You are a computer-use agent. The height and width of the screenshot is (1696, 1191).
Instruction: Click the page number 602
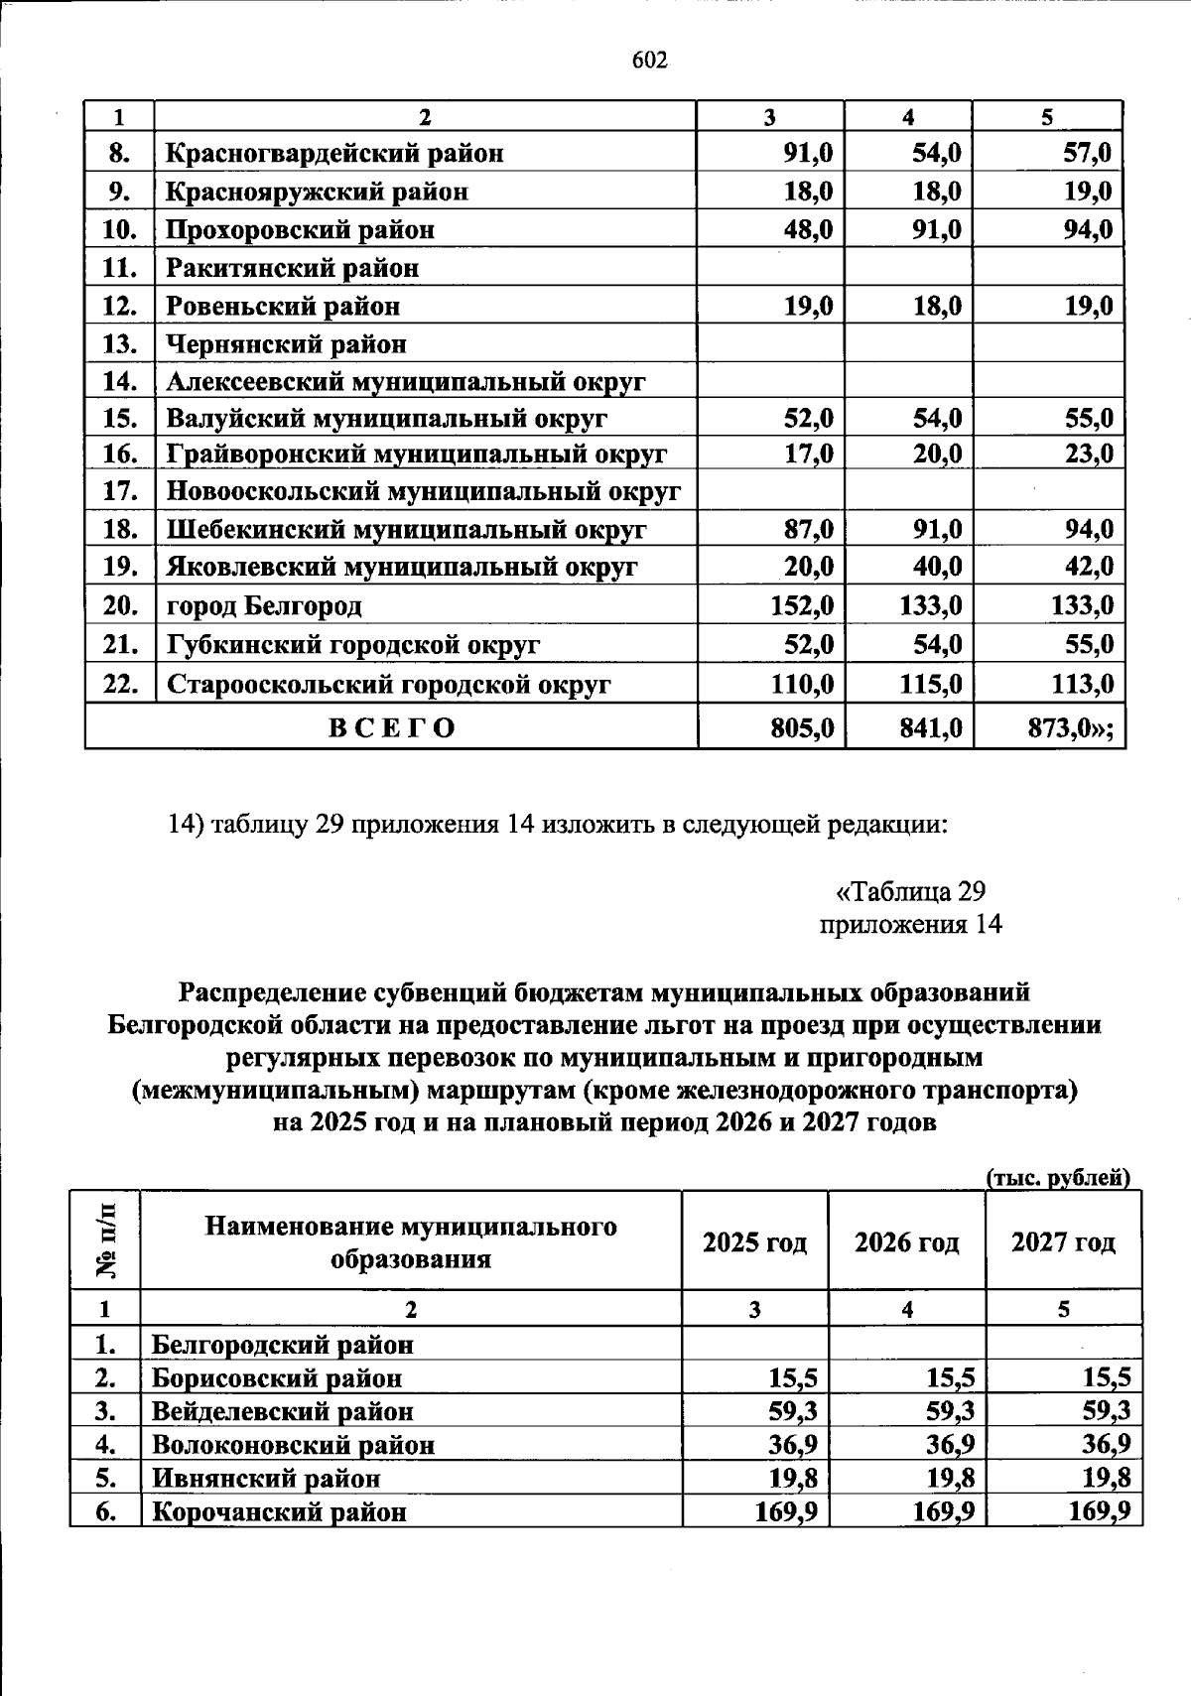coord(650,61)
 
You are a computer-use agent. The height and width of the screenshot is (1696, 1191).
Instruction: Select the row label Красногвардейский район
coord(334,154)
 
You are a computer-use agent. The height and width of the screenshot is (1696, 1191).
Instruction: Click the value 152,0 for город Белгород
coord(801,605)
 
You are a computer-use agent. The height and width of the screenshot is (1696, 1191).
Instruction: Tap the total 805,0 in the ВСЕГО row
coord(802,728)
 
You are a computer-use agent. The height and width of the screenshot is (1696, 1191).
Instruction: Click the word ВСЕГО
coord(392,727)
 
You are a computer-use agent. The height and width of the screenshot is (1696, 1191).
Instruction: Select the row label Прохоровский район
coord(300,230)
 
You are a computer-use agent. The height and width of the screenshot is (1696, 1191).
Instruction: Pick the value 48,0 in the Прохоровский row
coord(808,230)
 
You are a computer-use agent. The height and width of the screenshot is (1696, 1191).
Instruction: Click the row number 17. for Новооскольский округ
coord(120,492)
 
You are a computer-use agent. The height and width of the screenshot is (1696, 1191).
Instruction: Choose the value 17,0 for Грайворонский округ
coord(808,455)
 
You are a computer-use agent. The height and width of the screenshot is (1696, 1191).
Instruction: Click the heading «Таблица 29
coord(910,890)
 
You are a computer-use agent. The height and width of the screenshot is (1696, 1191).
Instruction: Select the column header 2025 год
coord(754,1242)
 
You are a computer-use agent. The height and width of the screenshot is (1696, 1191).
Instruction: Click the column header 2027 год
coord(1062,1242)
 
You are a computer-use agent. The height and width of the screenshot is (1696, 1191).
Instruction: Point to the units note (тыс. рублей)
coord(1058,1178)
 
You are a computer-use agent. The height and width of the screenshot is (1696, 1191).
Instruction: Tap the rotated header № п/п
coord(105,1240)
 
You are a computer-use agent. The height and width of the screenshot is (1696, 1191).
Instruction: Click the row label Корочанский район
coord(279,1512)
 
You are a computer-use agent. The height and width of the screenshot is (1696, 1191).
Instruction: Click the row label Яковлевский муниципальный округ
coord(401,568)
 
